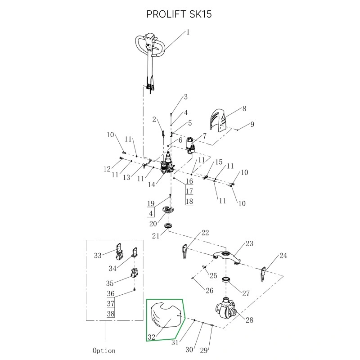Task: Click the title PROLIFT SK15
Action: click(x=179, y=14)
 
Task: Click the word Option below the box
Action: click(x=104, y=350)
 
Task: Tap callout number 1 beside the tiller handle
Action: click(x=188, y=32)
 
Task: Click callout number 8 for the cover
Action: click(x=244, y=108)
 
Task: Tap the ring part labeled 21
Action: click(x=169, y=225)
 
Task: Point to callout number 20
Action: click(x=153, y=223)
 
